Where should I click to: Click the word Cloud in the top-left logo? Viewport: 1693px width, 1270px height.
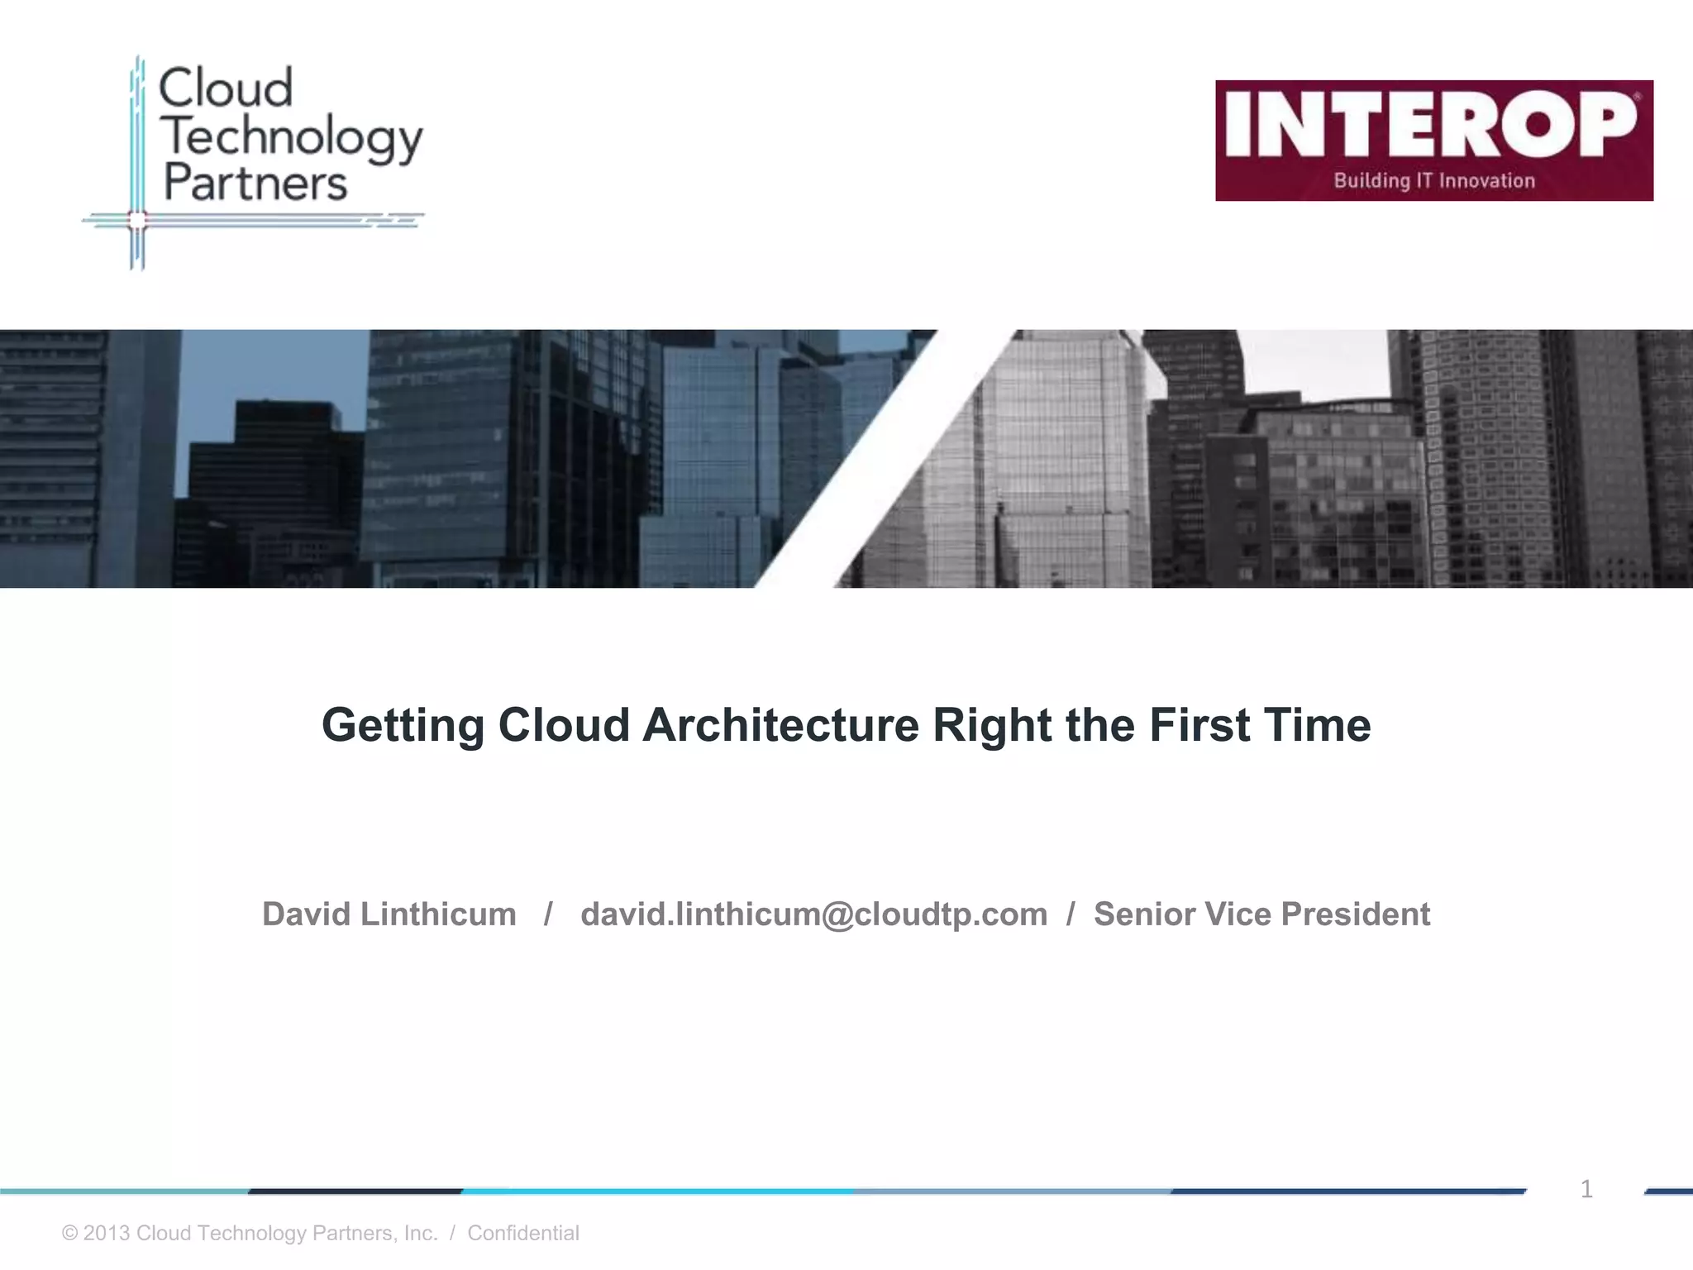coord(225,88)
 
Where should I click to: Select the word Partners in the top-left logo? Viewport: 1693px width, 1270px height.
coord(255,183)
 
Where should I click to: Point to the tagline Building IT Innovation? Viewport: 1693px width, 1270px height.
coord(1434,181)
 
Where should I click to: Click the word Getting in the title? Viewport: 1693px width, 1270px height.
coord(403,726)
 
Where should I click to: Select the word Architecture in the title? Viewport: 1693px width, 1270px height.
coord(780,725)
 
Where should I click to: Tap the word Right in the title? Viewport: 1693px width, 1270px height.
coord(992,725)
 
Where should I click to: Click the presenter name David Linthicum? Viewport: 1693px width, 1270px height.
coord(389,914)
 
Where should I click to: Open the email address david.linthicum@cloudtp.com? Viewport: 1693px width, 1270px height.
coord(813,914)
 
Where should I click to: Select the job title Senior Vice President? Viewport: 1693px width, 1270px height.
coord(1261,914)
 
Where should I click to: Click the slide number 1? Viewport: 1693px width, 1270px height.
coord(1586,1189)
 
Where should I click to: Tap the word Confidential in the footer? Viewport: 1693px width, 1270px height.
coord(523,1233)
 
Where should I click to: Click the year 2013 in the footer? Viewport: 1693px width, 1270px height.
coord(107,1233)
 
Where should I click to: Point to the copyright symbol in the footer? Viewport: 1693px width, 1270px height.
coord(70,1233)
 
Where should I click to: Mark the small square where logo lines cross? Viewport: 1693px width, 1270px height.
coord(137,220)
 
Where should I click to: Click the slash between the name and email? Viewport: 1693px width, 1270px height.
coord(548,914)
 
